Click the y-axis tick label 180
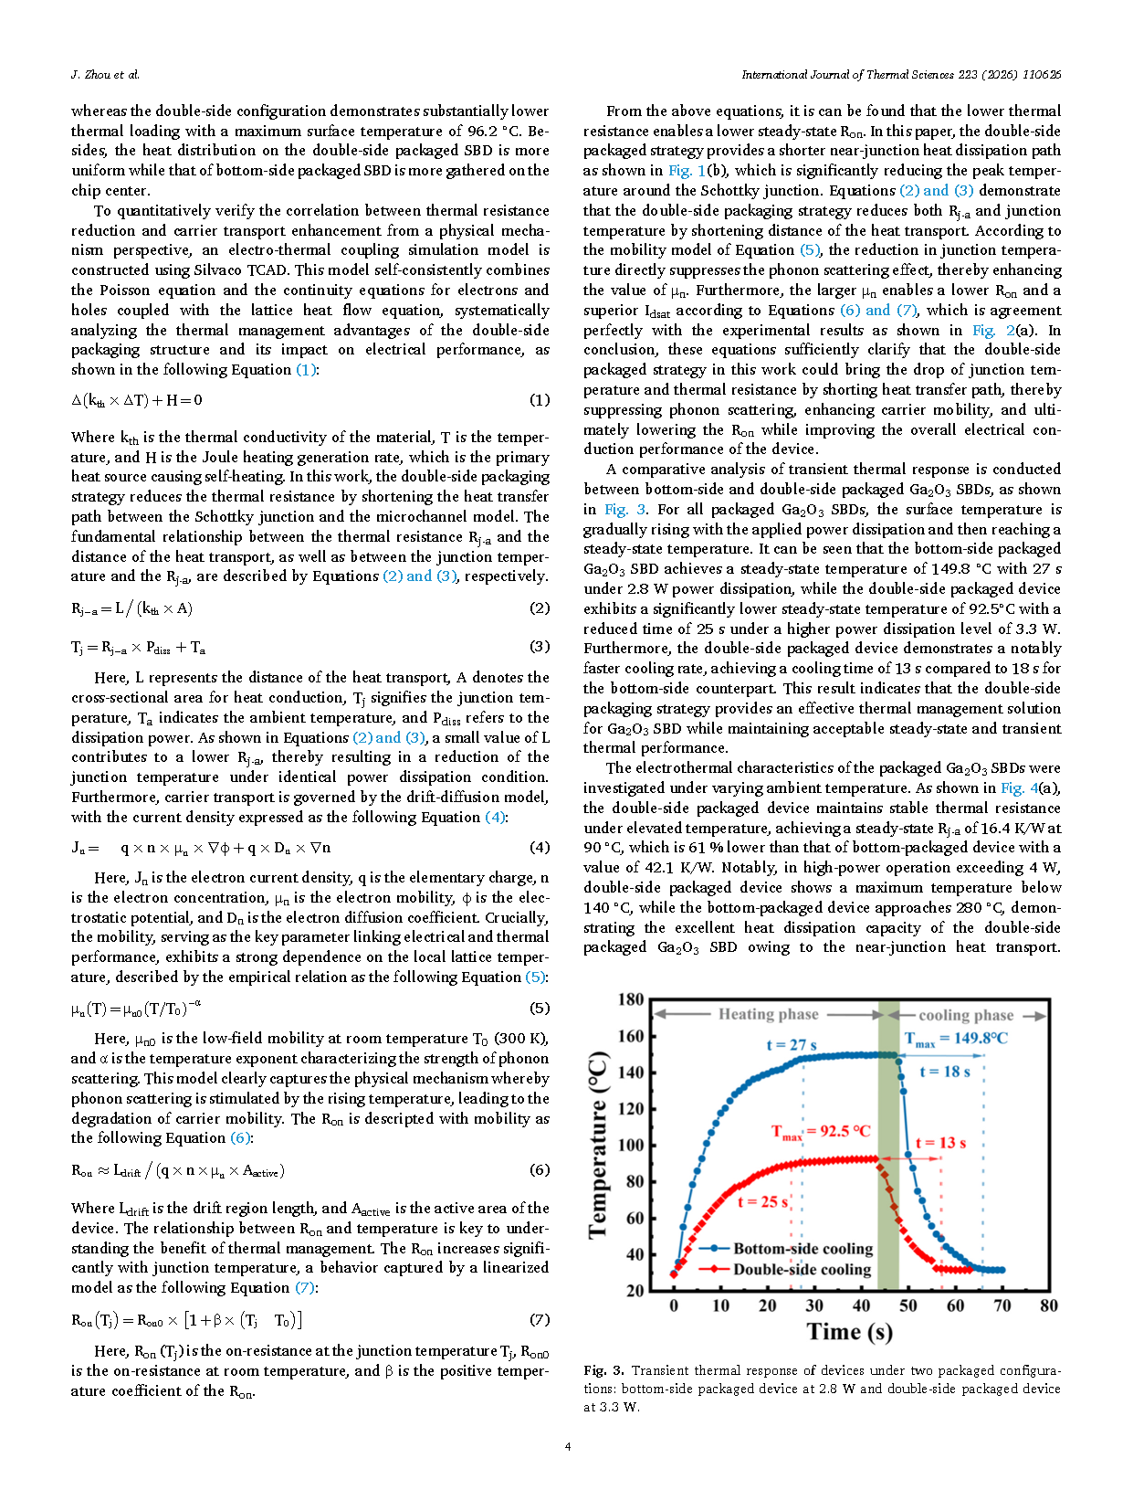pyautogui.click(x=631, y=999)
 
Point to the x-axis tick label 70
pyautogui.click(x=1002, y=1305)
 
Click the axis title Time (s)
pyautogui.click(x=850, y=1332)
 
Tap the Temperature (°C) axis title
pyautogui.click(x=599, y=1145)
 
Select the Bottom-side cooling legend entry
pyautogui.click(x=803, y=1249)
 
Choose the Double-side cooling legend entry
pyautogui.click(x=802, y=1270)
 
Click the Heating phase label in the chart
pyautogui.click(x=768, y=1014)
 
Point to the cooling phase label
pyautogui.click(x=966, y=1015)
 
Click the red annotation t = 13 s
pyautogui.click(x=940, y=1143)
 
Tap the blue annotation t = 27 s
pyautogui.click(x=792, y=1045)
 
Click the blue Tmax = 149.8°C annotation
pyautogui.click(x=956, y=1039)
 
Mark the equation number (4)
pyautogui.click(x=540, y=847)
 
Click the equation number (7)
pyautogui.click(x=540, y=1319)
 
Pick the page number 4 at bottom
pyautogui.click(x=568, y=1446)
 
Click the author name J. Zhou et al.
pyautogui.click(x=105, y=74)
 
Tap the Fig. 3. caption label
pyautogui.click(x=604, y=1370)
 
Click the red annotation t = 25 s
pyautogui.click(x=762, y=1202)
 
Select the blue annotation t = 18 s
pyautogui.click(x=945, y=1072)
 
